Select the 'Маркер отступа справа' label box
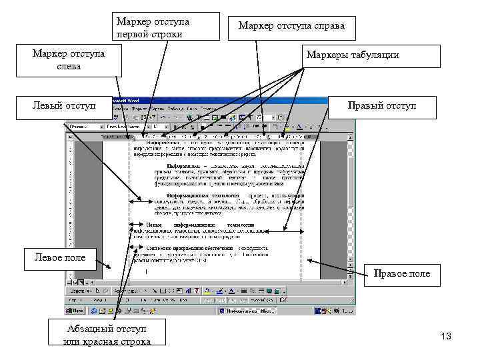pos(291,27)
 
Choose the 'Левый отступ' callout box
pos(64,106)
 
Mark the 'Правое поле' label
pos(402,273)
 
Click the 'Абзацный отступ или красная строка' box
pos(107,335)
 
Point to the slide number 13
pos(446,337)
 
